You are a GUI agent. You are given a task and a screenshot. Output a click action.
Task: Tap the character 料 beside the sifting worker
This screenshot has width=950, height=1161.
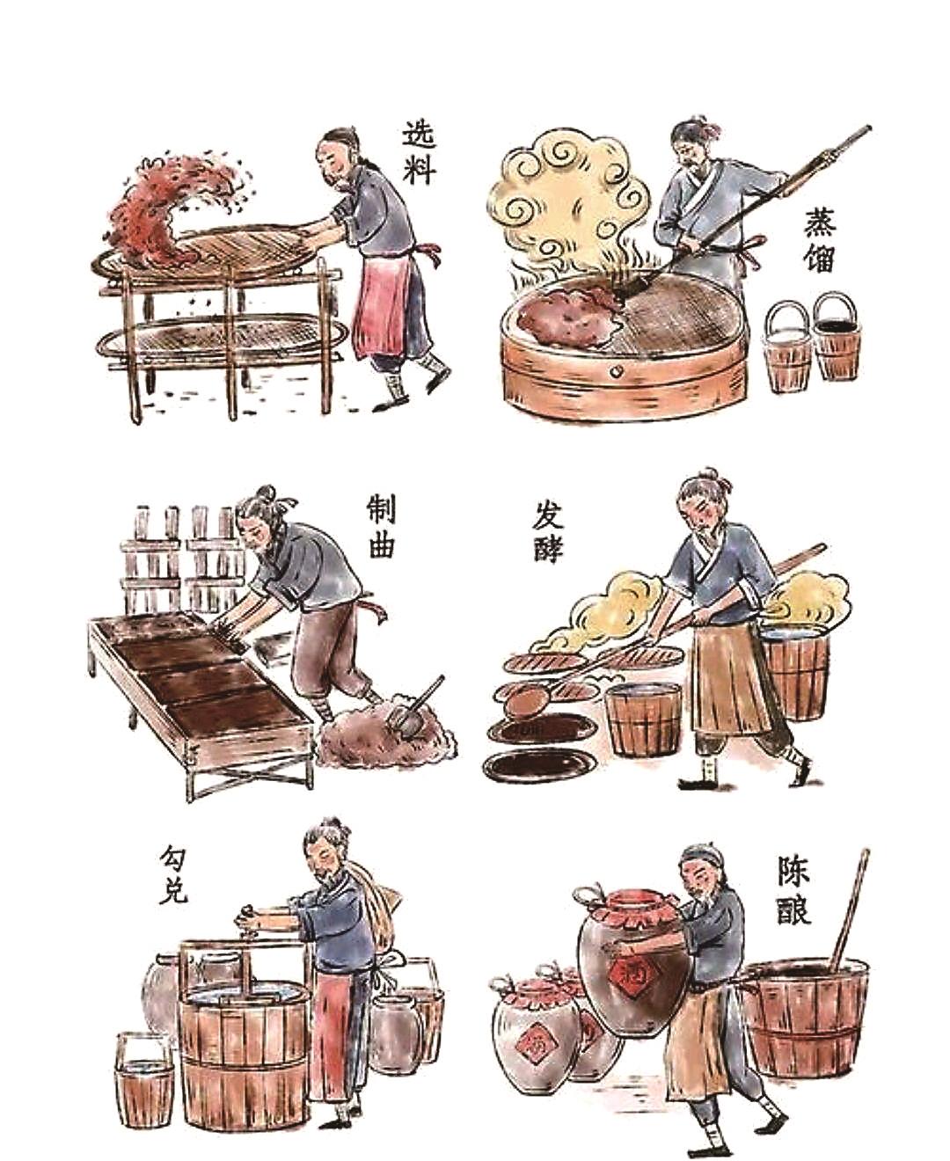click(x=419, y=172)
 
